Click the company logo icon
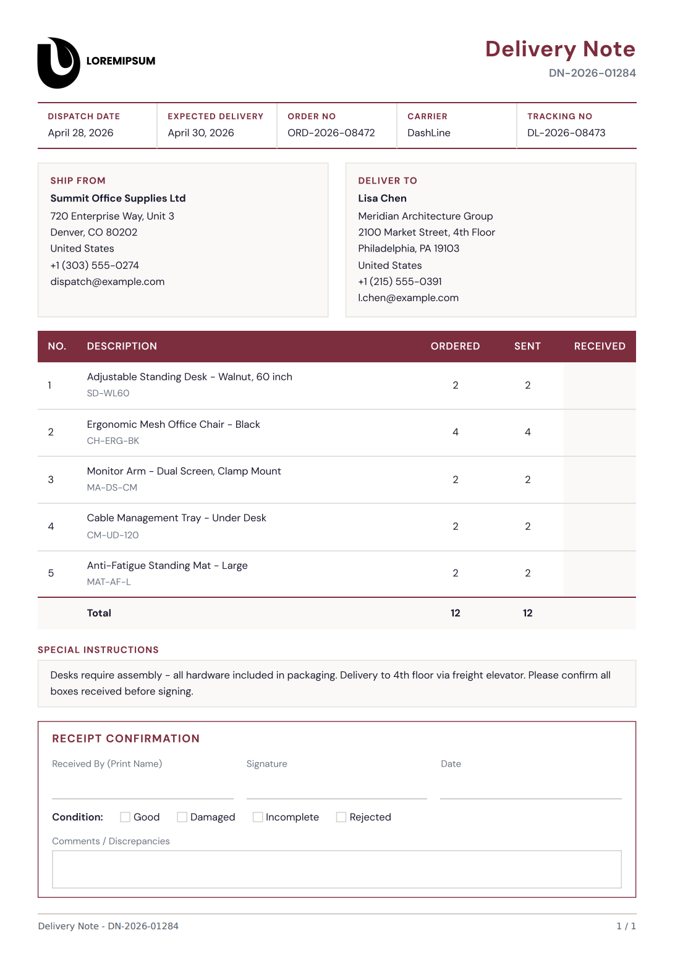[x=59, y=62]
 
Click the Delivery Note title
[x=560, y=49]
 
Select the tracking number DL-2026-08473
[x=566, y=133]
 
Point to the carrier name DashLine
[x=429, y=133]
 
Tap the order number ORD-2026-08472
[x=331, y=133]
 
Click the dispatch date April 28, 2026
[x=81, y=133]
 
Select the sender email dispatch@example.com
[x=108, y=282]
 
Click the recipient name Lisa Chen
[x=383, y=198]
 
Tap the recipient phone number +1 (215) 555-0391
[x=400, y=282]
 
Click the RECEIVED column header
[x=600, y=346]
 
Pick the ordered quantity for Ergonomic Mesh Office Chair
[x=456, y=432]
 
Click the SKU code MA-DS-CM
[x=112, y=488]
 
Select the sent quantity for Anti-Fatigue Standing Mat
[x=528, y=573]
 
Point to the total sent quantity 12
[x=528, y=613]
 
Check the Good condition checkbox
[x=125, y=817]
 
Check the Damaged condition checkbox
[x=182, y=817]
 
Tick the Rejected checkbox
[x=341, y=817]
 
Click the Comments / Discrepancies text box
[x=337, y=869]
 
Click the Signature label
[x=267, y=764]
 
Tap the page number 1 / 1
[x=626, y=926]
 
